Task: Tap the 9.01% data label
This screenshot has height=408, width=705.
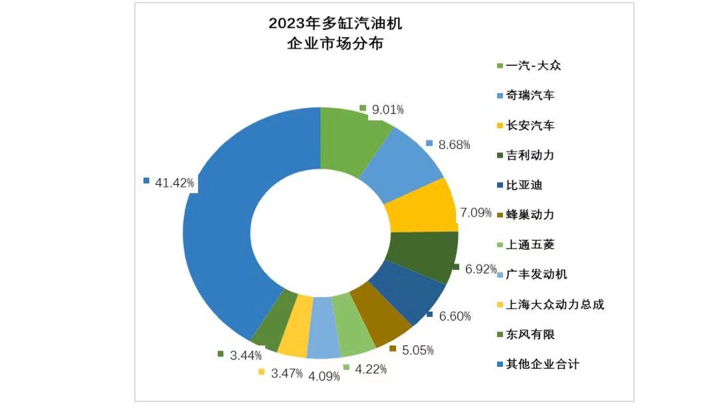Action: (x=387, y=110)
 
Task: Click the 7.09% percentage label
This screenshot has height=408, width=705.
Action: (x=476, y=213)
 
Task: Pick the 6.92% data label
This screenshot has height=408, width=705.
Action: (x=481, y=269)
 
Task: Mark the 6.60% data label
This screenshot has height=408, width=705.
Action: (x=456, y=316)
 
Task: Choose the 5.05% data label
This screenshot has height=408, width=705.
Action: (x=417, y=350)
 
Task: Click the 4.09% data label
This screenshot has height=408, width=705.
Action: (x=324, y=376)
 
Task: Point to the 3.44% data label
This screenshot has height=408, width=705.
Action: (x=245, y=356)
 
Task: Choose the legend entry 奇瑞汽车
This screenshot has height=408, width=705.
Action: (x=530, y=96)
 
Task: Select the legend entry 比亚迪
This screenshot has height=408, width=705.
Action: (x=524, y=185)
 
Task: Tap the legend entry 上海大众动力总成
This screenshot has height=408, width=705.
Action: (x=555, y=304)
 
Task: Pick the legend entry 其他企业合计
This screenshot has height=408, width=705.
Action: (x=542, y=364)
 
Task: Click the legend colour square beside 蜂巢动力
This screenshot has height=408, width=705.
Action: (x=499, y=215)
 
